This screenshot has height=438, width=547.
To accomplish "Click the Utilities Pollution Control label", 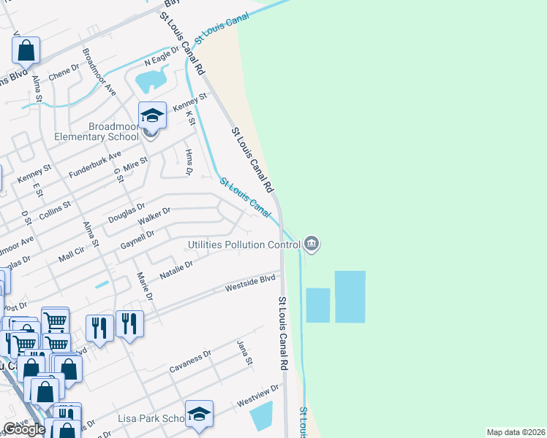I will [x=245, y=245].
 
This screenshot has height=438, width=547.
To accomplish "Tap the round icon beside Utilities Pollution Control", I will [x=312, y=244].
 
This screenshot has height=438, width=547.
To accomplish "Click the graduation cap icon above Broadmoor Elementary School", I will [x=152, y=115].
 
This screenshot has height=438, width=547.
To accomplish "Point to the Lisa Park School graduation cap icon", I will [x=199, y=414].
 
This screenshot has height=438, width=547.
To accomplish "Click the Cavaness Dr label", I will [x=189, y=360].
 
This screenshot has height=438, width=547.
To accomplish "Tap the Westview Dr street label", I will [x=258, y=396].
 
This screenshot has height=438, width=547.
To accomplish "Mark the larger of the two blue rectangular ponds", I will [x=350, y=296].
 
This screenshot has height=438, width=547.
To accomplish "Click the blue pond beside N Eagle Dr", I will [x=151, y=80].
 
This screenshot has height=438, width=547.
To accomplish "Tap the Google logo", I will [x=24, y=429].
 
